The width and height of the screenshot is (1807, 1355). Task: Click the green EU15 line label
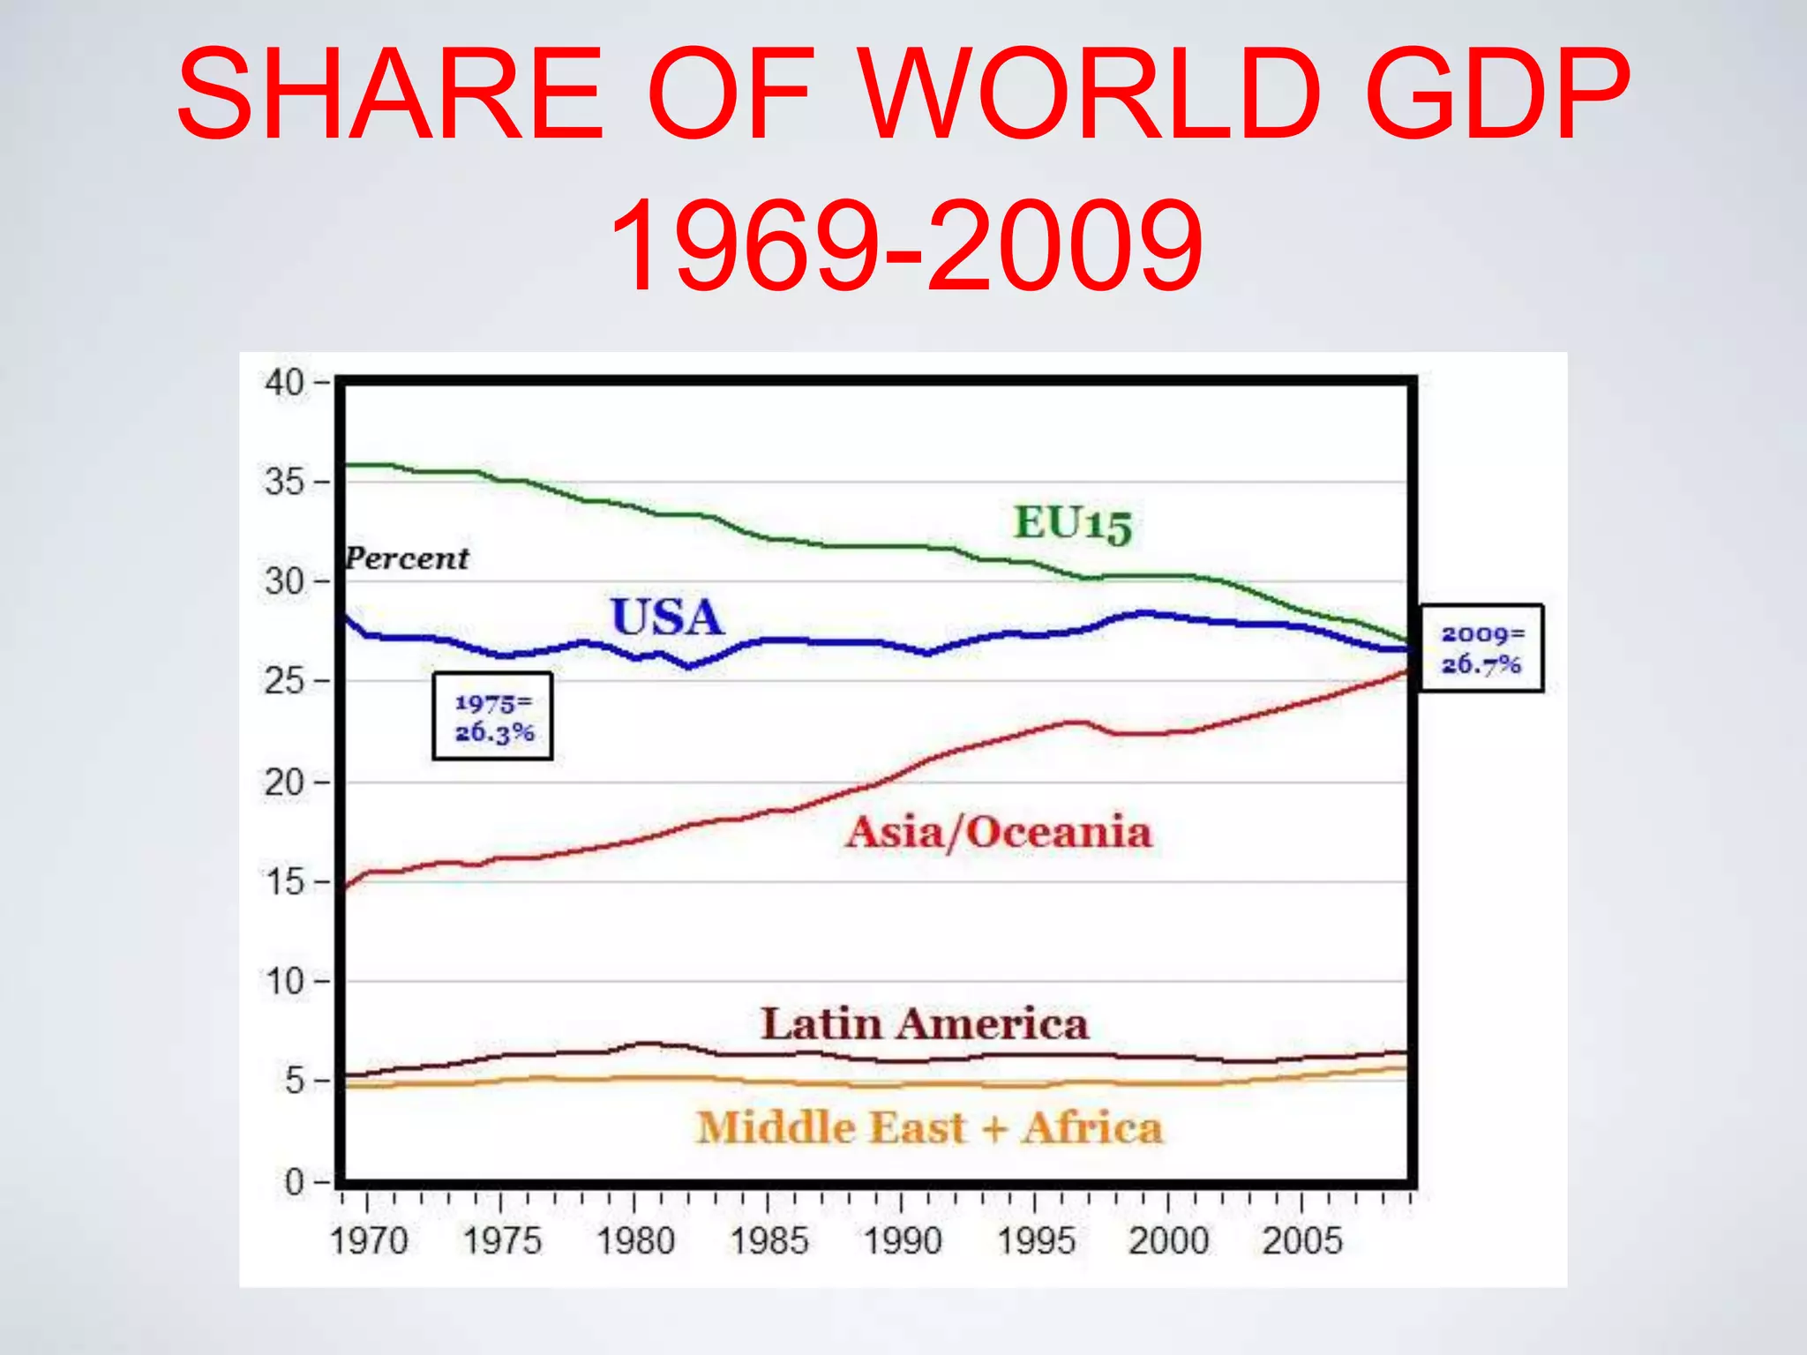coord(1072,523)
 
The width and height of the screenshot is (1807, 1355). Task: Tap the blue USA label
coord(667,617)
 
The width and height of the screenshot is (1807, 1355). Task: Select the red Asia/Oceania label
coord(999,833)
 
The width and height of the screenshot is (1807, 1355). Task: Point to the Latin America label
coord(925,1024)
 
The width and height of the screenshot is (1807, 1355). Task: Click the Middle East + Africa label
coord(929,1128)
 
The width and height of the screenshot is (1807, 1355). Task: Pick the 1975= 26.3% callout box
coord(492,716)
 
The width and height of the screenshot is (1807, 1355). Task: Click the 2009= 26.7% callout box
coord(1481,648)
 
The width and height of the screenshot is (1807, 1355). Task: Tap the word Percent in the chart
coord(407,558)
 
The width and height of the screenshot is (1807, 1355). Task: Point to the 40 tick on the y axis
coord(284,383)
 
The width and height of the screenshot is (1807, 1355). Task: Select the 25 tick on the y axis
coord(284,681)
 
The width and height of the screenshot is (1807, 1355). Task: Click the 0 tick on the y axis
coord(294,1181)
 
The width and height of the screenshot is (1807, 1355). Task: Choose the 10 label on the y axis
coord(284,981)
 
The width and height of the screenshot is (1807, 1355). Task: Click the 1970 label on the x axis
coord(369,1241)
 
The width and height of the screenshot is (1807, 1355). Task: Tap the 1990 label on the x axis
coord(903,1241)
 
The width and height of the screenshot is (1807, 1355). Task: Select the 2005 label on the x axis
coord(1301,1241)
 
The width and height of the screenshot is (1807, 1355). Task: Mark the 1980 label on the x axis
coord(635,1241)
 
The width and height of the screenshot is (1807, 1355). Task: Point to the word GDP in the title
coord(1496,94)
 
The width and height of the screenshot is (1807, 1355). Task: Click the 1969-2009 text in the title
coord(905,246)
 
